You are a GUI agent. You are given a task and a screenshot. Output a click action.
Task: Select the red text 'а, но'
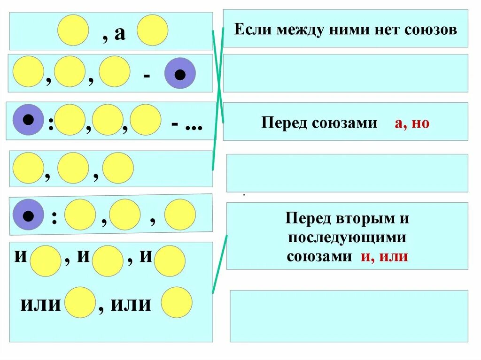[412, 123]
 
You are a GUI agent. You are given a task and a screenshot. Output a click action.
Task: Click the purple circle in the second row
[179, 73]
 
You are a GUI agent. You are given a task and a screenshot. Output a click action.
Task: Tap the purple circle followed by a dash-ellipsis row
[28, 120]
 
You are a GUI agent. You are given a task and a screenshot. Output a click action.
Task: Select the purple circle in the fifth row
[28, 215]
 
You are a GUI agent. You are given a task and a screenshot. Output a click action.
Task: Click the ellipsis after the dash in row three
[193, 127]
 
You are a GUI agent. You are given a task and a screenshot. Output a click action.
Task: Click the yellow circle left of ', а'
[73, 30]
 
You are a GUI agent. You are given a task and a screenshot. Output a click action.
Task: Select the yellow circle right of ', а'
[153, 30]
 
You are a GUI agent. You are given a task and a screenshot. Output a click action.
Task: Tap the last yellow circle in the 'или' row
[177, 302]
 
